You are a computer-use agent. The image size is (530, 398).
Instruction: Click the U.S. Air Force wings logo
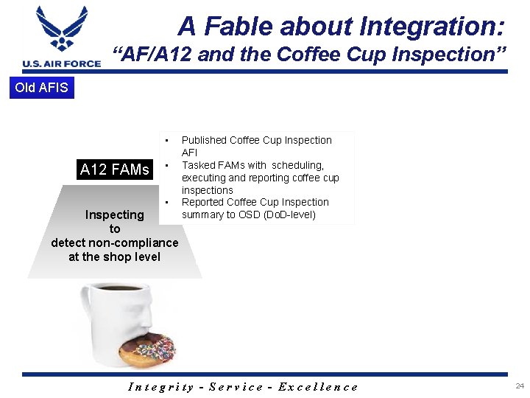coord(62,30)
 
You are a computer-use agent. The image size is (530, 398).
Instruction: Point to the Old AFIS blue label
coord(41,88)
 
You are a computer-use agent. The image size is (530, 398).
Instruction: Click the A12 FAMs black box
coord(114,170)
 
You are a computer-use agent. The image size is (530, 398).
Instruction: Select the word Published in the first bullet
coord(204,140)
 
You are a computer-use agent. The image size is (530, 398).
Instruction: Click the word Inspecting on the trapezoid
coord(114,214)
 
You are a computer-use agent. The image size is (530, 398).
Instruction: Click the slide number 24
coord(520,385)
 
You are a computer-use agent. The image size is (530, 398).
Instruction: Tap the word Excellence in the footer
coord(318,386)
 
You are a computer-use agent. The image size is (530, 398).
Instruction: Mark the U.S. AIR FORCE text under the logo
coord(62,63)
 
